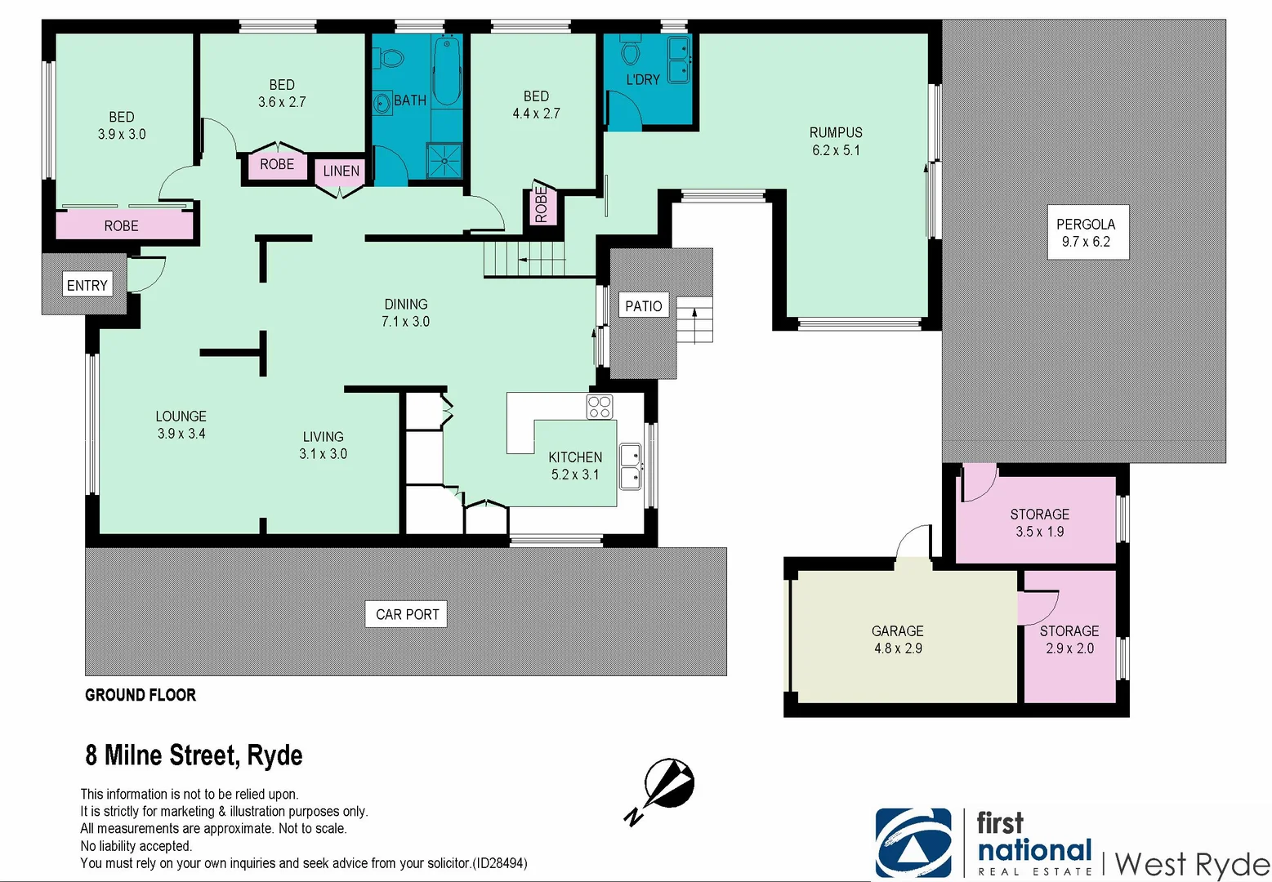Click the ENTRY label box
(x=87, y=285)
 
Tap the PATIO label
(x=643, y=306)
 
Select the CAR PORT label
(x=407, y=614)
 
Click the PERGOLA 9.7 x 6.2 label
(x=1086, y=233)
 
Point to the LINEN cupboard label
(x=341, y=171)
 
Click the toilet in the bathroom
(x=391, y=59)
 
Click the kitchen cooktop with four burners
(x=599, y=407)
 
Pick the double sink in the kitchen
(x=630, y=466)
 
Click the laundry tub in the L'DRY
(x=679, y=60)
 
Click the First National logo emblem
(x=913, y=843)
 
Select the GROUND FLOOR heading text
(x=141, y=695)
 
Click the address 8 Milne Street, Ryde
(x=194, y=755)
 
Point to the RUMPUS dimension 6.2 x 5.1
(x=836, y=150)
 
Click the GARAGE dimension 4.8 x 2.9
(x=898, y=648)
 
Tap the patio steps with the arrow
(x=694, y=319)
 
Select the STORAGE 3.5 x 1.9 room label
(x=1039, y=523)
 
